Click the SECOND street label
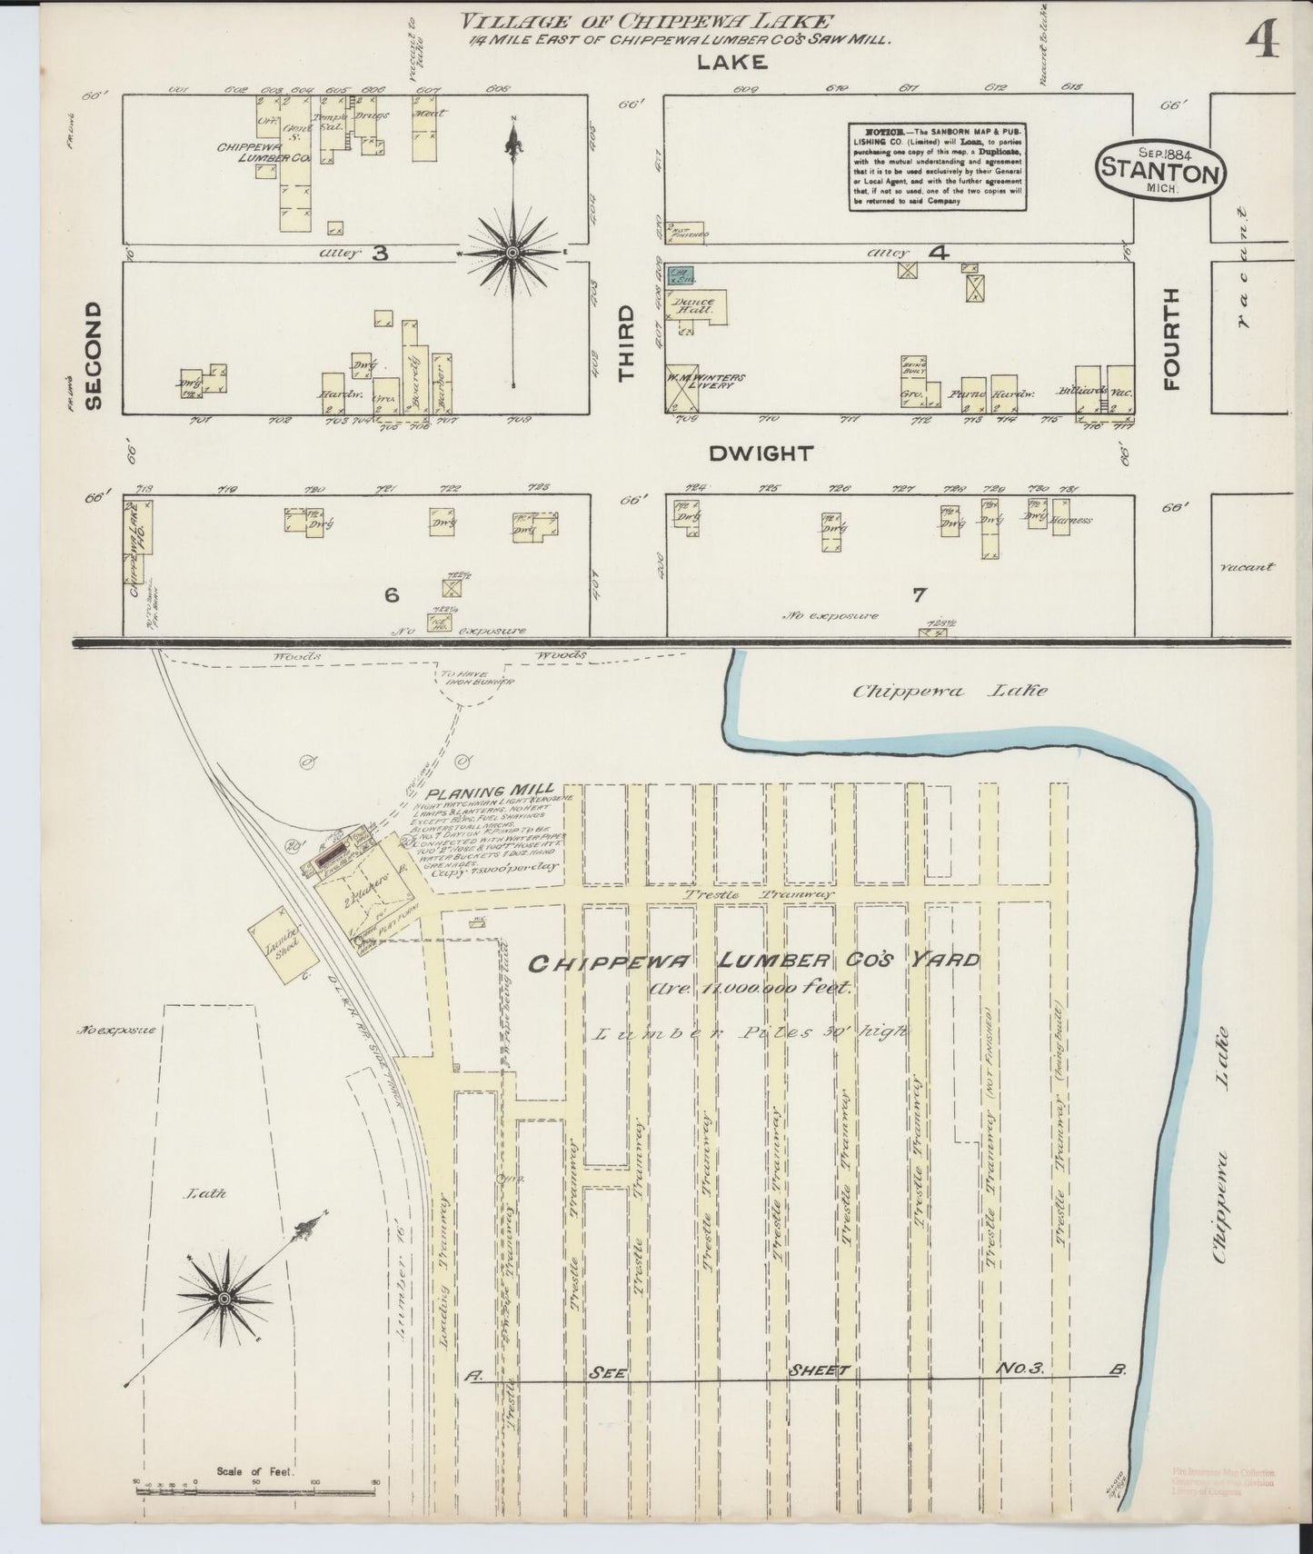coord(94,356)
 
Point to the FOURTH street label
coord(1170,339)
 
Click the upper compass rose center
coord(513,252)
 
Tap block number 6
coord(391,595)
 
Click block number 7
coord(919,595)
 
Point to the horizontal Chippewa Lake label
coord(949,690)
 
